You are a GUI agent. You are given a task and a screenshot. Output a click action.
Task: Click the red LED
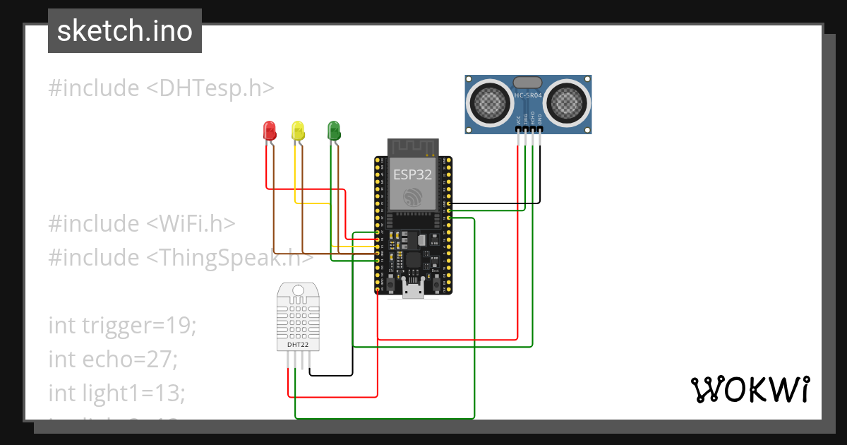coord(269,130)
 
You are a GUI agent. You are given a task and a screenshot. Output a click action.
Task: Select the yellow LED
coord(298,130)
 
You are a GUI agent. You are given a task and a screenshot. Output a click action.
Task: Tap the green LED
coord(334,130)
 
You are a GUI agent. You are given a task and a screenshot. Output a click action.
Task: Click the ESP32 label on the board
coord(412,174)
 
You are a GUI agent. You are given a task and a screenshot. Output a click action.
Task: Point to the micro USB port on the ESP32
coord(413,289)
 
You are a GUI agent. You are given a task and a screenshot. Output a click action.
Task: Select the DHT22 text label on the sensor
coord(298,345)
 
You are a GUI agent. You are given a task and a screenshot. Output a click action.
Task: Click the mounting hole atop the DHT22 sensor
coord(298,290)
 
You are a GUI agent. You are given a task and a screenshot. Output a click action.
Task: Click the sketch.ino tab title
coord(125,31)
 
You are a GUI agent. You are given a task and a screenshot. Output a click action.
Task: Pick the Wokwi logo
coord(749,390)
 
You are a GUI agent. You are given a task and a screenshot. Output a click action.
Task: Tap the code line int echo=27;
coord(113,359)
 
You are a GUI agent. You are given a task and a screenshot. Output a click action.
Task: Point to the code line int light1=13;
coord(117,392)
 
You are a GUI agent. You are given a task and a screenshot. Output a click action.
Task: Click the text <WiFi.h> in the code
coord(191,223)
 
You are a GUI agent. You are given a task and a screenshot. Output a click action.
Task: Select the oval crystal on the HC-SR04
coord(529,83)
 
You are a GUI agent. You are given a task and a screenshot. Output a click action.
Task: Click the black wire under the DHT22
coord(332,374)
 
